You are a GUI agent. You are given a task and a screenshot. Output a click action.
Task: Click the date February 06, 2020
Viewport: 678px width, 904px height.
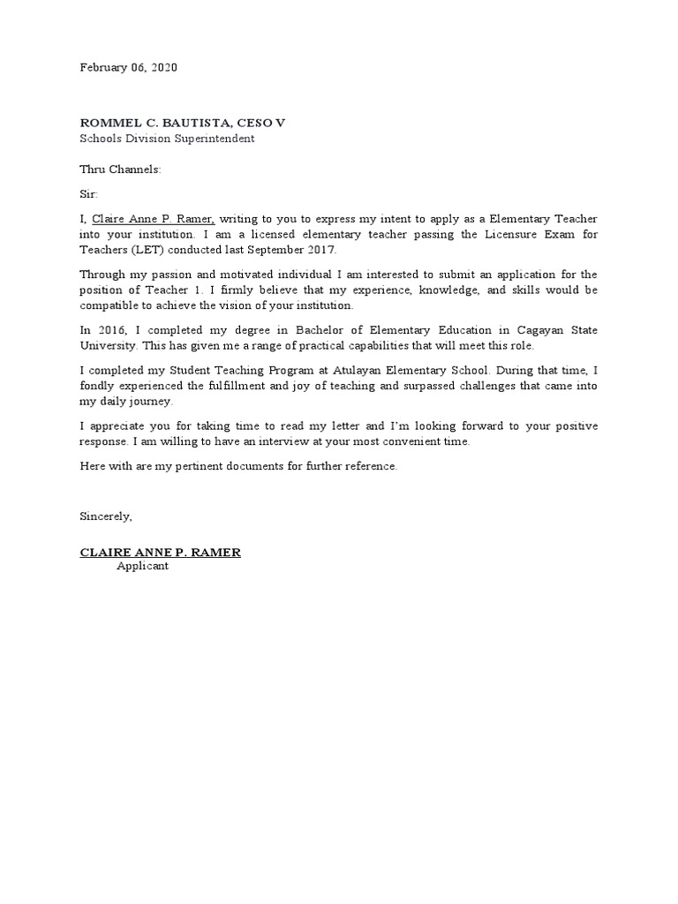pyautogui.click(x=128, y=68)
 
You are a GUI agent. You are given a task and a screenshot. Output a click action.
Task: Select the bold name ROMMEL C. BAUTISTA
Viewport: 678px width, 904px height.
pyautogui.click(x=153, y=123)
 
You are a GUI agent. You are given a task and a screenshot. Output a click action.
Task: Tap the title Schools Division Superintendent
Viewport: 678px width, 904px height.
pyautogui.click(x=168, y=139)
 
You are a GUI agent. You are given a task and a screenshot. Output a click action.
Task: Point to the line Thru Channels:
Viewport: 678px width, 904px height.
pyautogui.click(x=121, y=169)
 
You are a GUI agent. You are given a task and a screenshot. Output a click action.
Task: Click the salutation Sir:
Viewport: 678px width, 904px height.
pyautogui.click(x=90, y=193)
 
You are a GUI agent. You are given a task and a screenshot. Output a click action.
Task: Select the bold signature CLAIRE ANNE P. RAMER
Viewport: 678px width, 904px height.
pyautogui.click(x=160, y=553)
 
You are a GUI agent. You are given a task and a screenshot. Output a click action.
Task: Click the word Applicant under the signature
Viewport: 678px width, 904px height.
pyautogui.click(x=142, y=566)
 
